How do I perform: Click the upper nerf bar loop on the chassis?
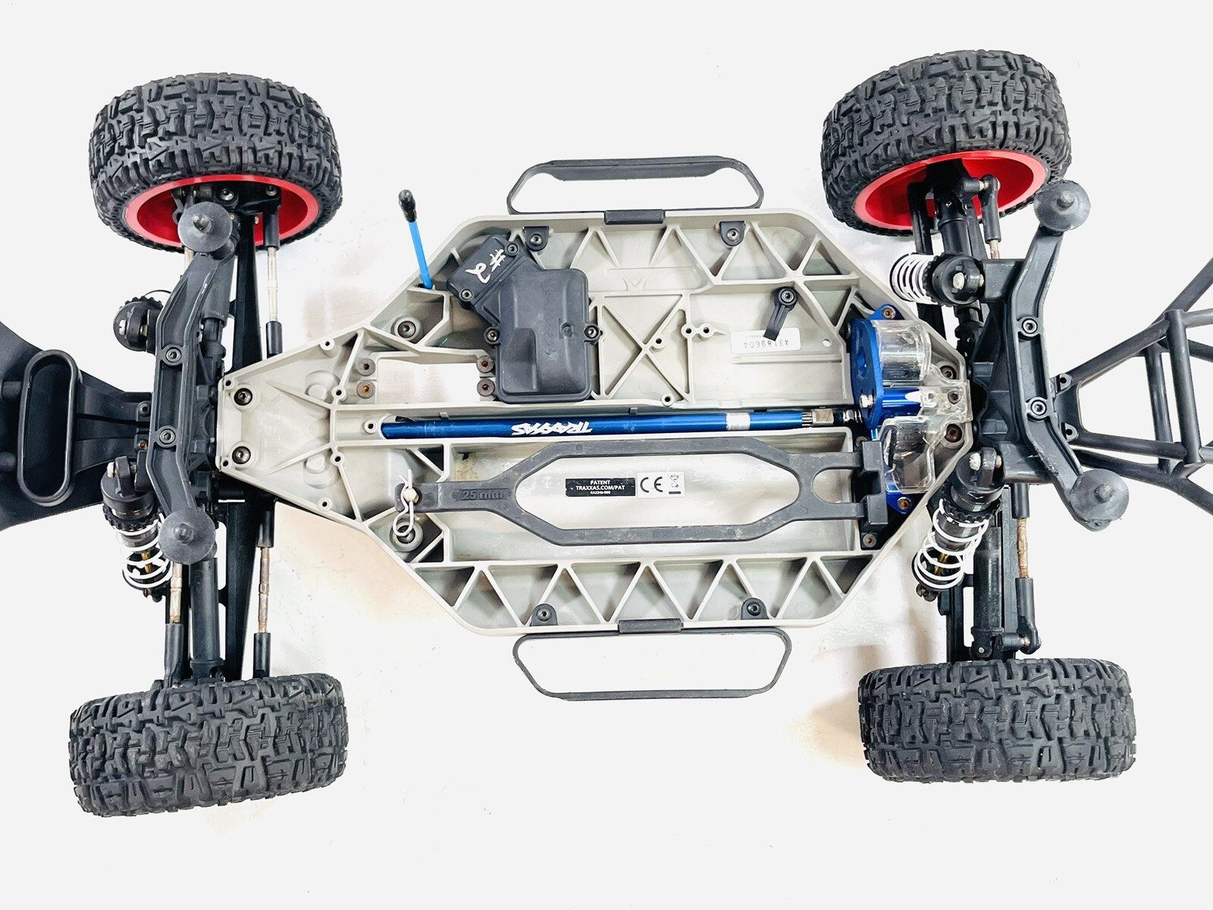(632, 185)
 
